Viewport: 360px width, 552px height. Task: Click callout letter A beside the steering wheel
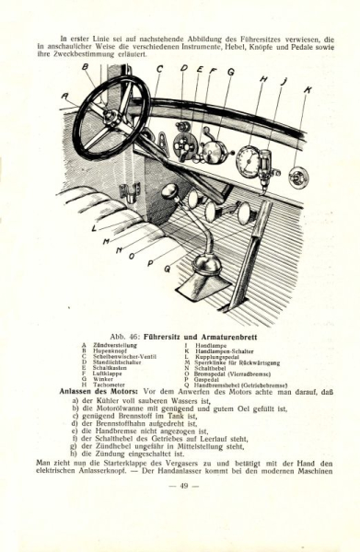64,95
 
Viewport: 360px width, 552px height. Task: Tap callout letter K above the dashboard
308,89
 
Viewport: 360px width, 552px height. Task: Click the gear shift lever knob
171,193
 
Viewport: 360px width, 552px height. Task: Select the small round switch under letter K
298,177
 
